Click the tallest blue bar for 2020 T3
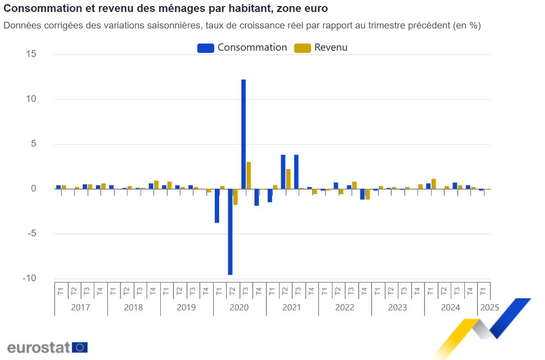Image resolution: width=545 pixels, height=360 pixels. point(244,134)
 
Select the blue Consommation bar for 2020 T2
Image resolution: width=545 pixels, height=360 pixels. point(230,232)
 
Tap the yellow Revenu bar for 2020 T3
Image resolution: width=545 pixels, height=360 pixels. point(249,175)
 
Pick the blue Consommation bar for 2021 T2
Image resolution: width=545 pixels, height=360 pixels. point(283,172)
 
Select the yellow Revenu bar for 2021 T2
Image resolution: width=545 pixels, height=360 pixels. point(288,179)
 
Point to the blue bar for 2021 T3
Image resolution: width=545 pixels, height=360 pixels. point(296,172)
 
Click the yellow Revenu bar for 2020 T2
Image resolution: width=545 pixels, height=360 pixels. point(235,197)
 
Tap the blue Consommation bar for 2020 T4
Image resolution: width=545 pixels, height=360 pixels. point(257,197)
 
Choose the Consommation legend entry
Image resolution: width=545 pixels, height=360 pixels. point(243,47)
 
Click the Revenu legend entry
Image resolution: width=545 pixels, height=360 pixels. point(321,47)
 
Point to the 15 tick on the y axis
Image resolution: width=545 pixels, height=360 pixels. point(31,54)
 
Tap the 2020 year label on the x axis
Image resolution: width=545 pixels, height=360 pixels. point(239,308)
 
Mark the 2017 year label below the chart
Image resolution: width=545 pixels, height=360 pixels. point(81,308)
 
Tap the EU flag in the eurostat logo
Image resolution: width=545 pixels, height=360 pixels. point(80,347)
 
